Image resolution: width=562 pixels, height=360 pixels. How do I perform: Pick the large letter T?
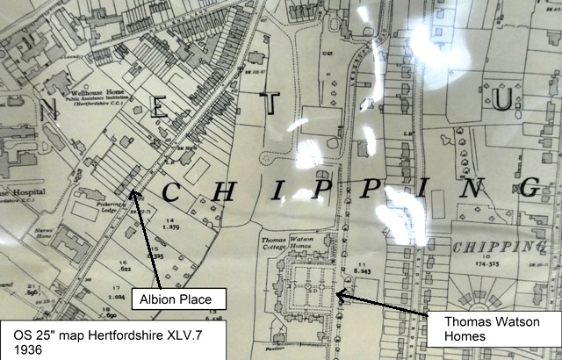click(x=273, y=104)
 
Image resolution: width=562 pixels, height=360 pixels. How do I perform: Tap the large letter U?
click(x=501, y=104)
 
